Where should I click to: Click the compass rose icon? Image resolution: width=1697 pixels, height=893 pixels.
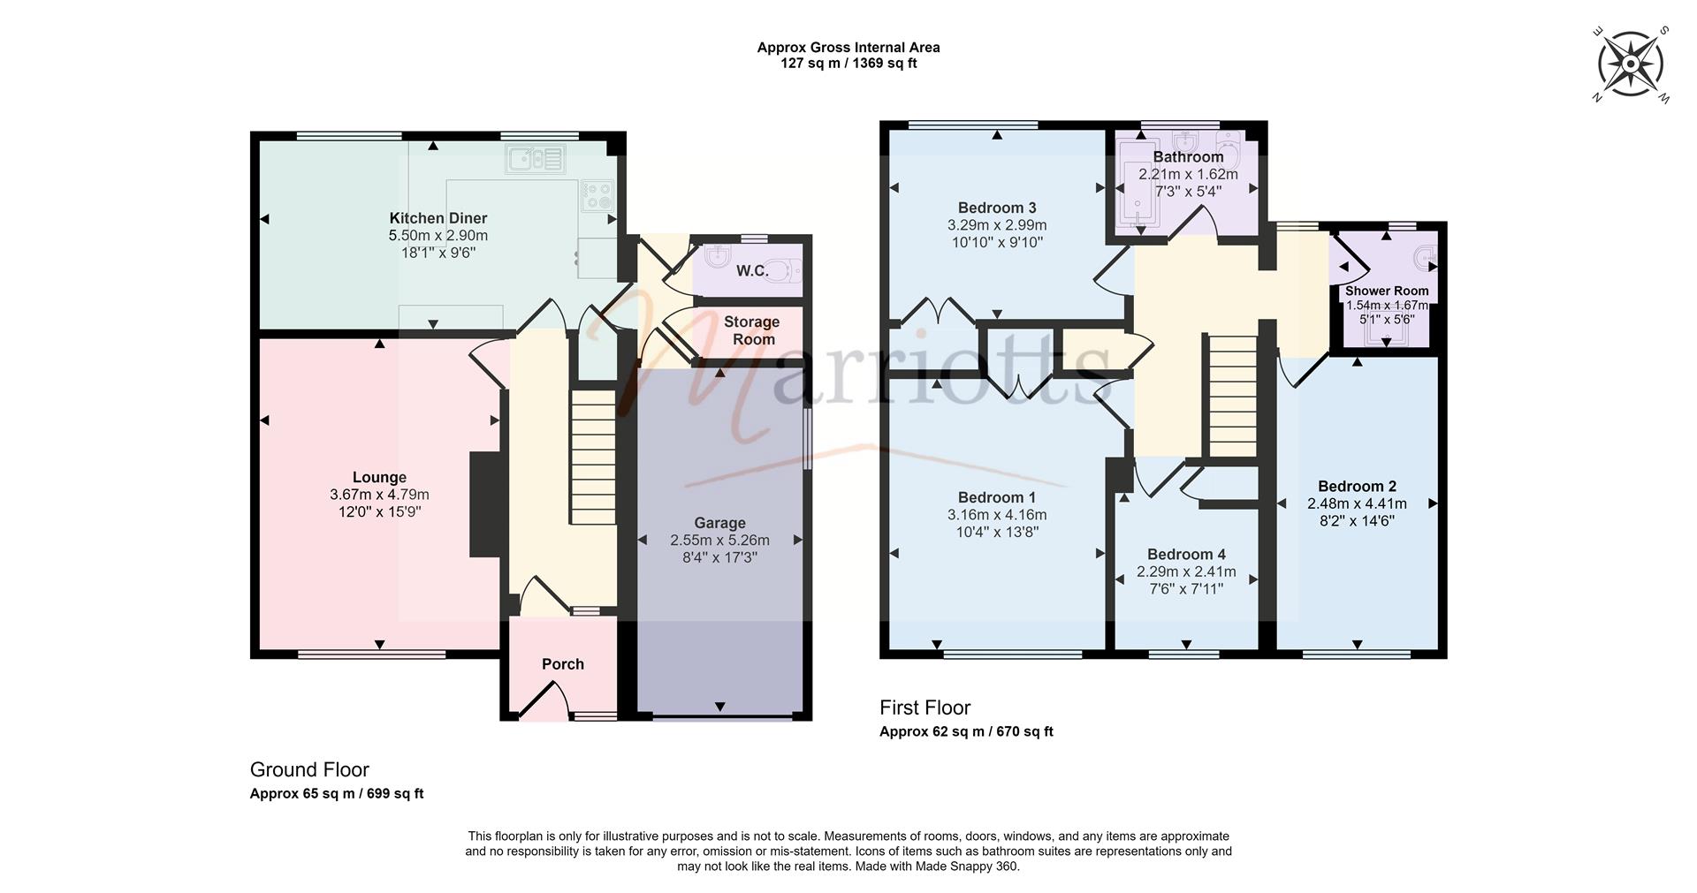pyautogui.click(x=1630, y=64)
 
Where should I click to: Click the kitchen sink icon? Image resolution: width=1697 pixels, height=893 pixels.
pyautogui.click(x=535, y=160)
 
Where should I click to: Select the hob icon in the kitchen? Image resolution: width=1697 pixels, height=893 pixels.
pyautogui.click(x=596, y=195)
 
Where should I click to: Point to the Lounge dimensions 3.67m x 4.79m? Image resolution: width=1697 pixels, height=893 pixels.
pyautogui.click(x=379, y=495)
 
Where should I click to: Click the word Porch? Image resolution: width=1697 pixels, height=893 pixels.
pyautogui.click(x=563, y=664)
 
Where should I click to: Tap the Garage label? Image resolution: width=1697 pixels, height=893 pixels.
pyautogui.click(x=719, y=523)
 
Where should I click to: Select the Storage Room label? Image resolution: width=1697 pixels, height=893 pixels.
pyautogui.click(x=751, y=330)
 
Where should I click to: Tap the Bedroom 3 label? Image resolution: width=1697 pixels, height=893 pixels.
pyautogui.click(x=997, y=208)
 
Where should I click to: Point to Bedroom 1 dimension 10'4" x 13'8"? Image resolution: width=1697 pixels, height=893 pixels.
pyautogui.click(x=997, y=532)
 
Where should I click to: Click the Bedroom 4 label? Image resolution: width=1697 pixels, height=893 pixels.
pyautogui.click(x=1186, y=555)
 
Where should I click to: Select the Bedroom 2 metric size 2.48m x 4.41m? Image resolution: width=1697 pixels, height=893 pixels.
pyautogui.click(x=1357, y=503)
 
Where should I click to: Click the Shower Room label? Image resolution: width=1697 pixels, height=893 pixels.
pyautogui.click(x=1386, y=291)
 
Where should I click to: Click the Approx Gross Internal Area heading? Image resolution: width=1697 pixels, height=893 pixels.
pyautogui.click(x=848, y=48)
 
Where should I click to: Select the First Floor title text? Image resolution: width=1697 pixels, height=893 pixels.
pyautogui.click(x=925, y=708)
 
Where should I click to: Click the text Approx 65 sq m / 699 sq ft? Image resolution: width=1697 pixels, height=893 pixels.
pyautogui.click(x=337, y=793)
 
